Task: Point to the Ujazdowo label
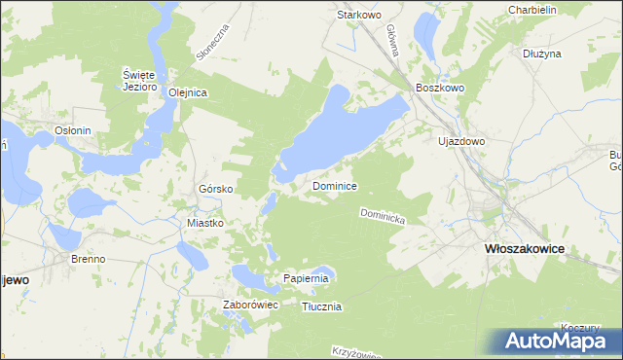461,141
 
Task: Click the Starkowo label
357,16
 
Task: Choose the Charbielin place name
531,10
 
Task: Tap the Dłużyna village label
542,54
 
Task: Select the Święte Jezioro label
140,80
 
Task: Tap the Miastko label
205,223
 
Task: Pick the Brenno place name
89,259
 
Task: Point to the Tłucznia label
321,306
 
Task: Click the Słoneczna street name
211,43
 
